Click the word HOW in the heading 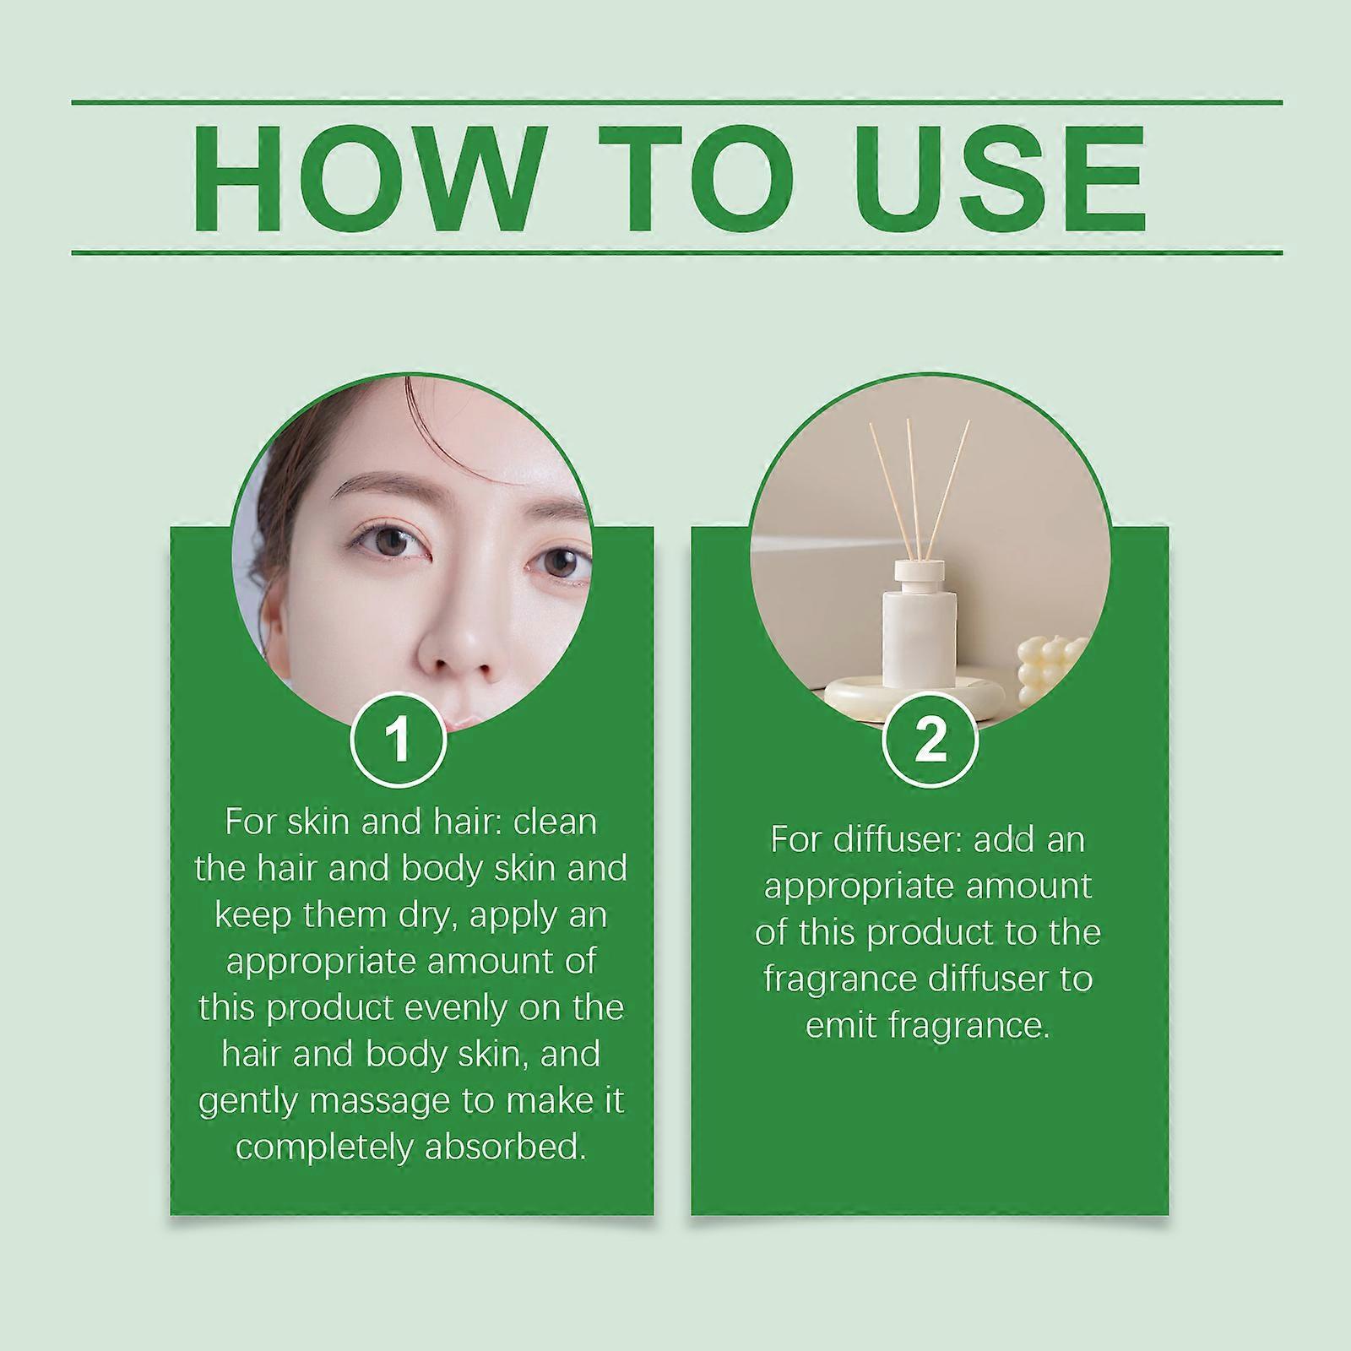click(x=366, y=179)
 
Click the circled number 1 click(x=398, y=740)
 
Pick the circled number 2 click(x=930, y=740)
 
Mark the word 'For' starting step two click(x=797, y=840)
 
